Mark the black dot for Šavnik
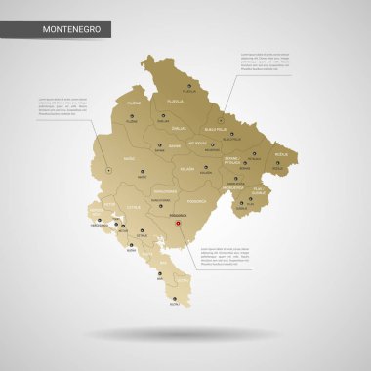pos(160,144)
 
